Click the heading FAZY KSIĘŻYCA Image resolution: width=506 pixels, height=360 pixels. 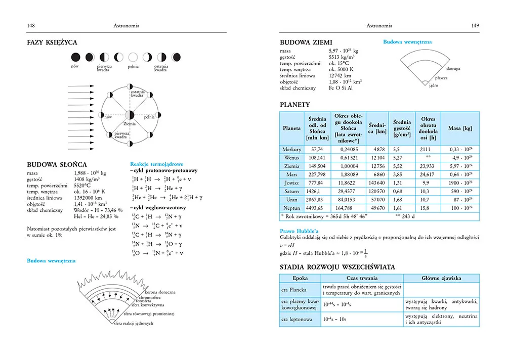point(52,43)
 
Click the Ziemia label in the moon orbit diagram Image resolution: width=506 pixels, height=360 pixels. point(130,123)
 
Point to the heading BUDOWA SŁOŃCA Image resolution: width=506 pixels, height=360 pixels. point(57,165)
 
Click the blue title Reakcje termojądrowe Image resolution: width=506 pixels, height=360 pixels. point(156,164)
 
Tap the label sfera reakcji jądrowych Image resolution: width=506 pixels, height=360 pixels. point(134,324)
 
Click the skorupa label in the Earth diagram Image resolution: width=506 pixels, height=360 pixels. point(453,68)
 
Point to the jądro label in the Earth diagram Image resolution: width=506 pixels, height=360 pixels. point(433,86)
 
